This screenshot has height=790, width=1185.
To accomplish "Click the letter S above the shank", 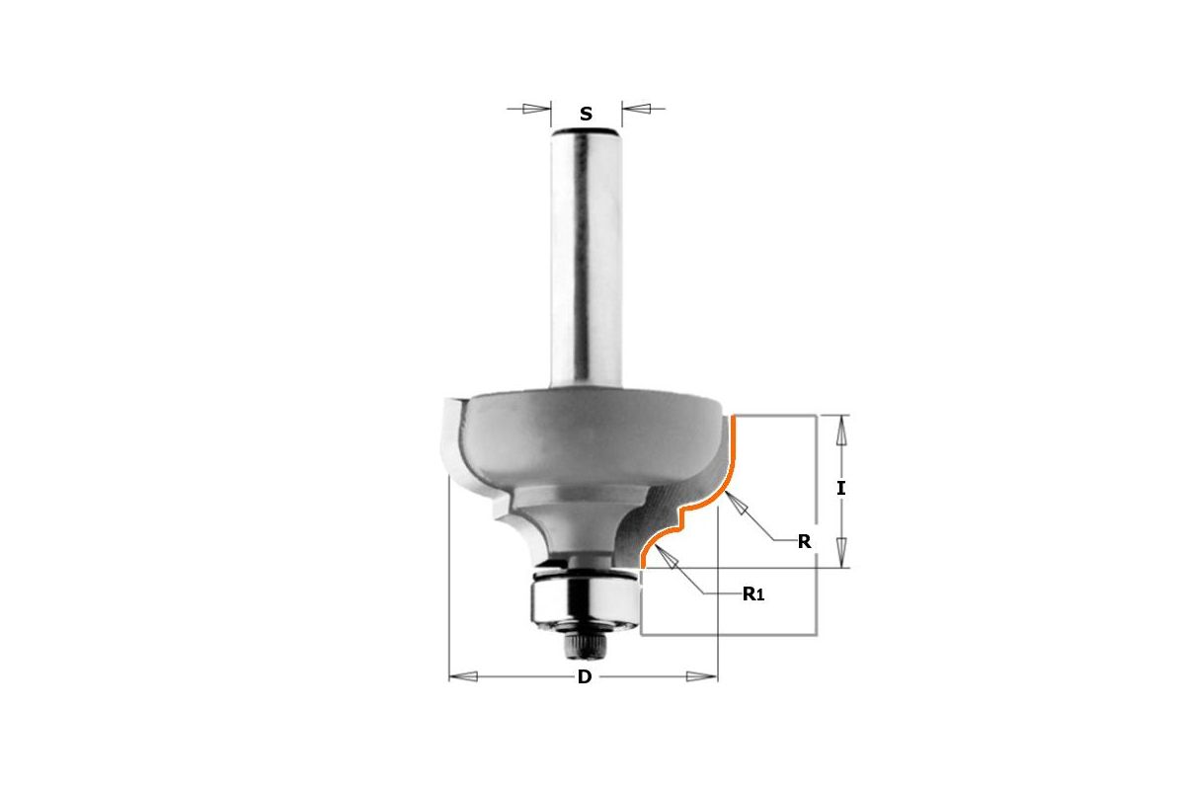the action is point(586,114).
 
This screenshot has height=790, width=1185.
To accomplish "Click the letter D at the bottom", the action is point(584,676).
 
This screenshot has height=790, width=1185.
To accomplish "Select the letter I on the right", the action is point(841,488).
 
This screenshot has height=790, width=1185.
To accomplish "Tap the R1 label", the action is point(753,594).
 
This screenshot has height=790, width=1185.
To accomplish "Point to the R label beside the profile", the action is point(804,542).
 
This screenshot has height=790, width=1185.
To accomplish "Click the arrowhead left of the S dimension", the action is point(536,109).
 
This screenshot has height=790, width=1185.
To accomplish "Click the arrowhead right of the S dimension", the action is point(635,109).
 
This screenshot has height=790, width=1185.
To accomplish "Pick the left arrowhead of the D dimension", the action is point(463,676).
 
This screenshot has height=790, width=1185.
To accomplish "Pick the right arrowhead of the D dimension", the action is point(702,676).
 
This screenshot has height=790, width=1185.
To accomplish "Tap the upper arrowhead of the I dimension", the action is point(841,430).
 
